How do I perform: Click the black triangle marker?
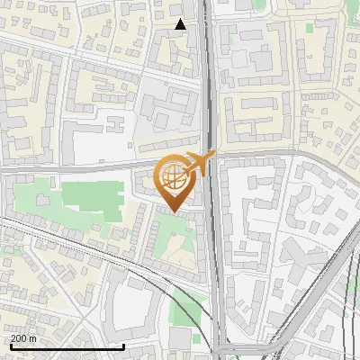pos(181,24)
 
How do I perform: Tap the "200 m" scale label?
pos(24,338)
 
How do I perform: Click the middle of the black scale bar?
pos(67,346)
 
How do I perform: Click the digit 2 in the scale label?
pos(14,338)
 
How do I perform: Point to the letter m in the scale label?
pos(34,338)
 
